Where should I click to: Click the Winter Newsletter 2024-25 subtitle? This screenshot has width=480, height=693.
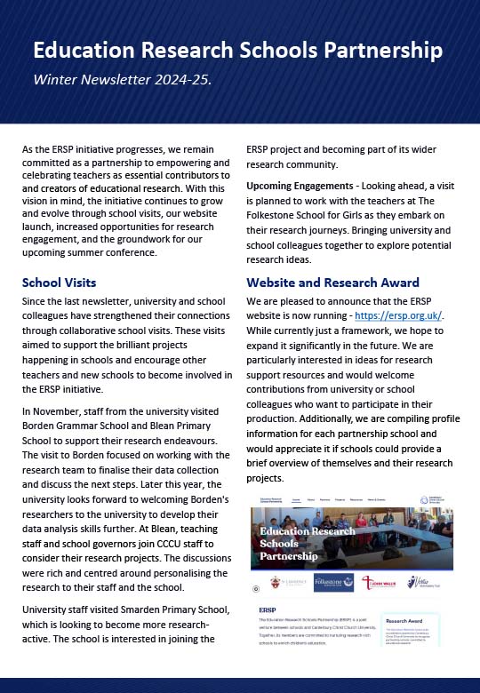tap(123, 80)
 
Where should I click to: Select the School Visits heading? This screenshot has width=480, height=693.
tap(59, 283)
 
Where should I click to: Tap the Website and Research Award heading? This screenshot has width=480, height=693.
tap(332, 283)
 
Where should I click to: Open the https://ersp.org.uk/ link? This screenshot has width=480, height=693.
tap(398, 315)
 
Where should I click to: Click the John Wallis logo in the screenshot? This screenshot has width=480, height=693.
tap(379, 583)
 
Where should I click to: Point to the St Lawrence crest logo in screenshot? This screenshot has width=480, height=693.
tap(288, 583)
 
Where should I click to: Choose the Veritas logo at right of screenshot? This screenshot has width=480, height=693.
tap(421, 583)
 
